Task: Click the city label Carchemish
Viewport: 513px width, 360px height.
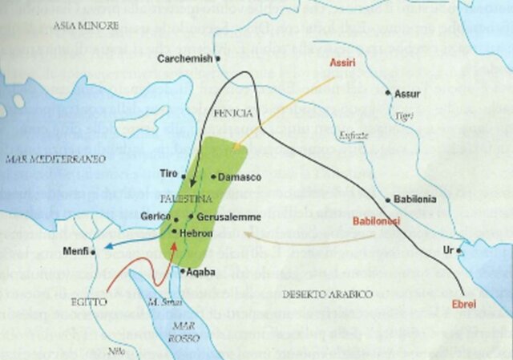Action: [185, 59]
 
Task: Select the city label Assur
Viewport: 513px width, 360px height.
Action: [407, 94]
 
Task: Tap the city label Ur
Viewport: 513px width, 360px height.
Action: [447, 251]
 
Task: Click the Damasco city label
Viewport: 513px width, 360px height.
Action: [236, 176]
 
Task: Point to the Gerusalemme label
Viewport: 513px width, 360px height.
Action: [224, 217]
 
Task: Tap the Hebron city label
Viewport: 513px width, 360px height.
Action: [196, 232]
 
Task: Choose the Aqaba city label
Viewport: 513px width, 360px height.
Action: [203, 272]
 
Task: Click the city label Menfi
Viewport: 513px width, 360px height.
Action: [76, 253]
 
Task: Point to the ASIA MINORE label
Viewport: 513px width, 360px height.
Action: [85, 26]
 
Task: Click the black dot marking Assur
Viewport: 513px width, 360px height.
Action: [389, 94]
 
